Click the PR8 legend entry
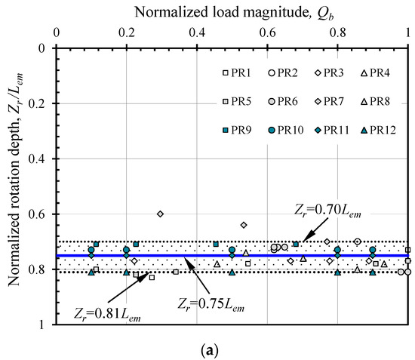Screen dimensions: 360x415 (375, 100)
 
